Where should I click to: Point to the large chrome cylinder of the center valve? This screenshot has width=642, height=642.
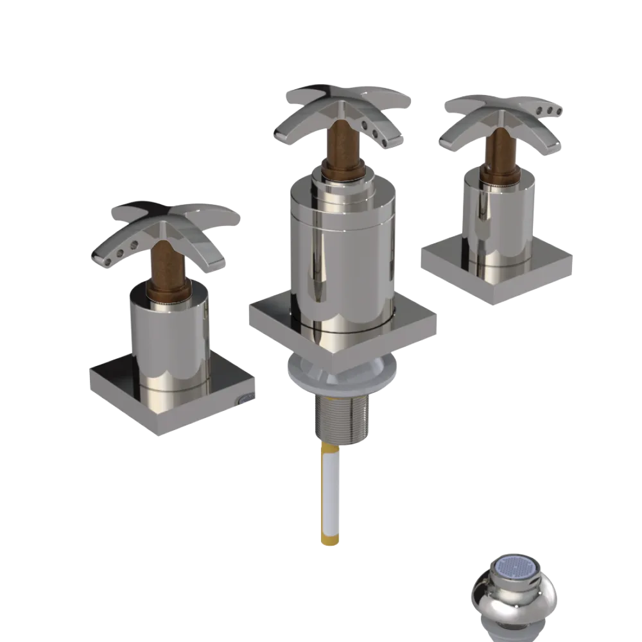click(340, 257)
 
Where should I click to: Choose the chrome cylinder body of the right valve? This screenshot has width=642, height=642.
click(498, 218)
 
